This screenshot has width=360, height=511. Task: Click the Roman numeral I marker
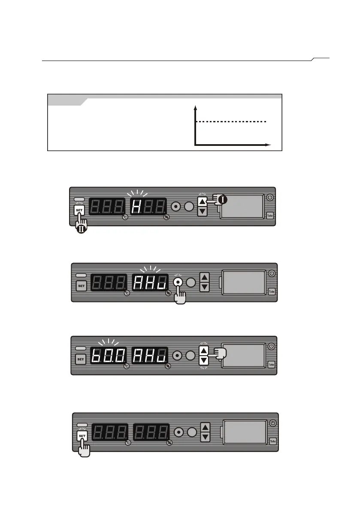[223, 200]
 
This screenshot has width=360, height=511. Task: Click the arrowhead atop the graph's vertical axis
[195, 106]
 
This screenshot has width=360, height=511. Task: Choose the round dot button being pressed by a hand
[176, 281]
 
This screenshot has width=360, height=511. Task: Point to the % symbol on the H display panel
[167, 217]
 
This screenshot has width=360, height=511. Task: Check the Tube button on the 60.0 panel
[271, 364]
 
